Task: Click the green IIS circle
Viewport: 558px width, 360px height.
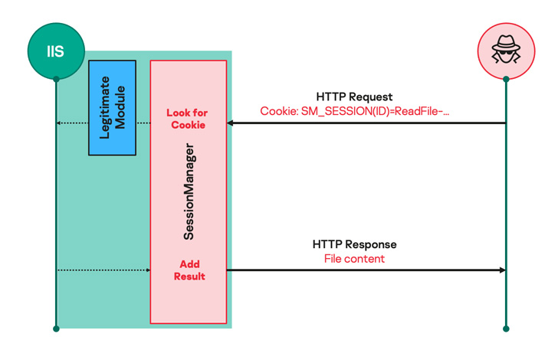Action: click(x=55, y=51)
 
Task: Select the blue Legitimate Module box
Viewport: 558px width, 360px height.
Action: click(x=112, y=107)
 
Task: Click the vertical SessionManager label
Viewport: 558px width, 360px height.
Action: click(x=189, y=191)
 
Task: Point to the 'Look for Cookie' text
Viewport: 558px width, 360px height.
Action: click(x=188, y=119)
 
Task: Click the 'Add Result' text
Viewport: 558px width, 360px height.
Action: click(x=189, y=270)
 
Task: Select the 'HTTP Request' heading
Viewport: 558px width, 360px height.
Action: click(x=354, y=97)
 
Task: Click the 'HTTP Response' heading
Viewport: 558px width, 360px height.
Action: click(x=354, y=244)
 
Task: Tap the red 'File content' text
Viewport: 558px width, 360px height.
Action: click(x=354, y=259)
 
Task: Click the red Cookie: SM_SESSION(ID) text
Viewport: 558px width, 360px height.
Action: click(x=354, y=111)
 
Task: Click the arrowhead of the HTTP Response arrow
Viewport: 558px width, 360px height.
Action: click(x=502, y=270)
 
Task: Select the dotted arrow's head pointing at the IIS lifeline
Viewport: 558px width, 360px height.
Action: click(x=60, y=123)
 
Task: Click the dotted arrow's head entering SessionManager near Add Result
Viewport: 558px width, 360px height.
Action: click(x=147, y=270)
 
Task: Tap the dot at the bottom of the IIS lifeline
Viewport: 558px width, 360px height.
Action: click(x=56, y=329)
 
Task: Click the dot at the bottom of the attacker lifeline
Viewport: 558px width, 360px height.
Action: click(x=506, y=329)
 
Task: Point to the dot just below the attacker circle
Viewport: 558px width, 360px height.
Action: click(x=506, y=79)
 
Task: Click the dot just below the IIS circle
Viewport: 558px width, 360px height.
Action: click(x=56, y=79)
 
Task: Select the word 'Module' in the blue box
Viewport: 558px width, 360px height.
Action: click(x=120, y=107)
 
